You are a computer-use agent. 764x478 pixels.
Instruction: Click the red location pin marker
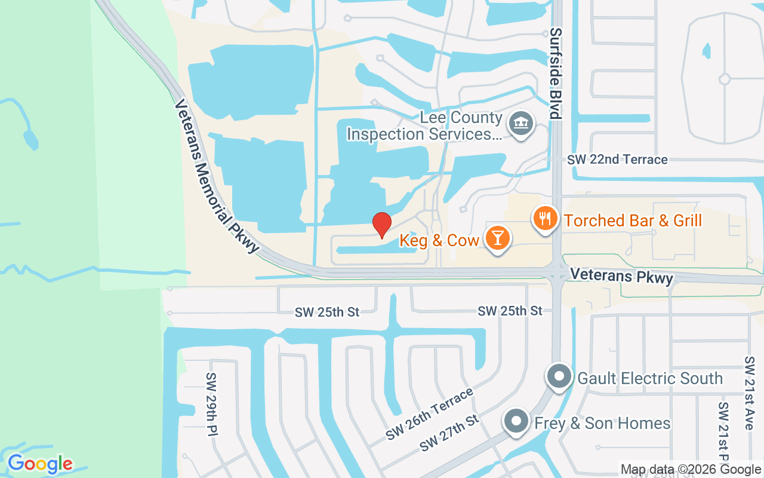pos(382,225)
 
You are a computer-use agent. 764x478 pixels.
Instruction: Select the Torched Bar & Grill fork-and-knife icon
pos(544,219)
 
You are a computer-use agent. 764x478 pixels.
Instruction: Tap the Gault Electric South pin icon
pos(559,377)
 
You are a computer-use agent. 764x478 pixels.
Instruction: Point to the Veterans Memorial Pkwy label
pos(217,176)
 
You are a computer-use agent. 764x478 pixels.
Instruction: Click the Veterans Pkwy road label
pos(621,275)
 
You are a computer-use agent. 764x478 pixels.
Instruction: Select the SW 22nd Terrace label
pos(617,160)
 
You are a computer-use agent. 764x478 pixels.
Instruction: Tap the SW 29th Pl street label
pos(211,405)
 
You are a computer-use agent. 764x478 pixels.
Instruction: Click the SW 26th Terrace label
pos(430,413)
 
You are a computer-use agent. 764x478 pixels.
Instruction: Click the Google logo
pos(40,464)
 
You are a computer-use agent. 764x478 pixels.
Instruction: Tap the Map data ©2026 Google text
pos(691,470)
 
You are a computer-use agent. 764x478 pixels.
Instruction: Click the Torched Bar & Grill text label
pos(633,220)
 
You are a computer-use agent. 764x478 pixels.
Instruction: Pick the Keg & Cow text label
pos(439,240)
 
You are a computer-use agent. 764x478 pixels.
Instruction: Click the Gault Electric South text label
pos(650,378)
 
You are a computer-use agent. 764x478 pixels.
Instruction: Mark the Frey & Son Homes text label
pos(602,424)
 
